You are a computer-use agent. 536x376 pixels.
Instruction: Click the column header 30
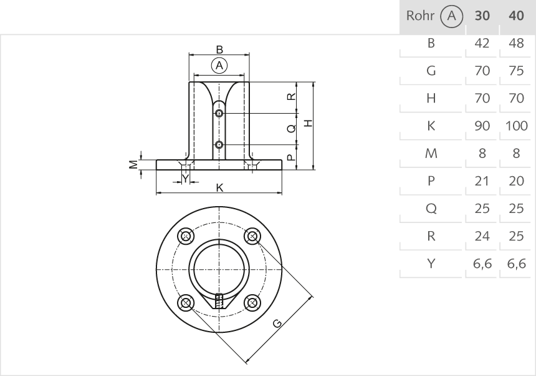click(482, 16)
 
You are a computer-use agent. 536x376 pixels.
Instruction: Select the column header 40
click(516, 16)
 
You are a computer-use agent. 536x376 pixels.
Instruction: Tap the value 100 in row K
click(517, 126)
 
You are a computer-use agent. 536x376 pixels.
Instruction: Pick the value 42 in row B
click(482, 44)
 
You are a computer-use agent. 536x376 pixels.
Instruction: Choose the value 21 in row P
click(482, 181)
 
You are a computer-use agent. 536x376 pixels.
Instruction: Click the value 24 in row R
click(482, 236)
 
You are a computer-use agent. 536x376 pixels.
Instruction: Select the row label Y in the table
click(430, 264)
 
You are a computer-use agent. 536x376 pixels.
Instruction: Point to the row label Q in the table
click(430, 209)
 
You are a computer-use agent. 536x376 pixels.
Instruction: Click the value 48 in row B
click(516, 44)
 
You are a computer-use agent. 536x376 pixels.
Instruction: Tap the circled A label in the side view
click(219, 64)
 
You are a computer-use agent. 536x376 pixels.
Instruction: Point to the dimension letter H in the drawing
click(307, 123)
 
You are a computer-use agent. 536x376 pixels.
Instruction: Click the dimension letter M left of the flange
click(132, 164)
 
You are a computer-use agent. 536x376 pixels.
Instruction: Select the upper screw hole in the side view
click(219, 113)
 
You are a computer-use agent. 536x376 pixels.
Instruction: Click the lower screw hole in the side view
click(219, 145)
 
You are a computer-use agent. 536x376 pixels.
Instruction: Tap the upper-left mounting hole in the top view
click(185, 236)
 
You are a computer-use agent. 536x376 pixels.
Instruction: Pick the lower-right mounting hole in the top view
click(252, 303)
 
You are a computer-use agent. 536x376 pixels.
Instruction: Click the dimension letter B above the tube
click(219, 49)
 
